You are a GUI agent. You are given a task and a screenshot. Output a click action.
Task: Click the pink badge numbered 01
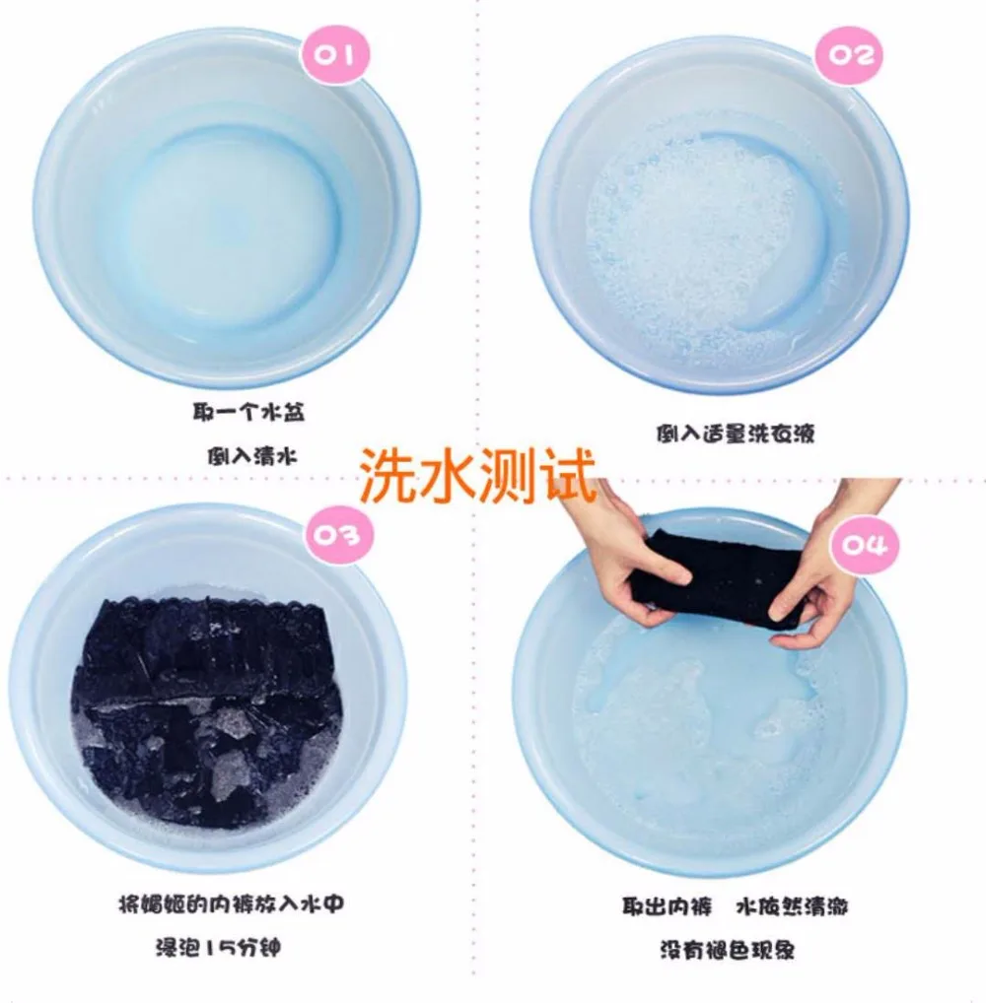[335, 56]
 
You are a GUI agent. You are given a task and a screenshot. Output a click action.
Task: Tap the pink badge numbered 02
[850, 55]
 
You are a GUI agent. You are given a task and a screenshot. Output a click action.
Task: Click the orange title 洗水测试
[477, 474]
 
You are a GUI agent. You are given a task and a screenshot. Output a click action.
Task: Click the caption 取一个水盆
[248, 412]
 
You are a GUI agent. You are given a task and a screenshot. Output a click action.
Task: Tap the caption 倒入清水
[251, 457]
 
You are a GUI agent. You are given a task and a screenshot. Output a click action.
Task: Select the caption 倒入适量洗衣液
[735, 434]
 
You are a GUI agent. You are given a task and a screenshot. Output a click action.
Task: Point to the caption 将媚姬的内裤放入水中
[231, 904]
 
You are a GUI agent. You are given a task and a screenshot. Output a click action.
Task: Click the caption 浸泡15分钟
[218, 948]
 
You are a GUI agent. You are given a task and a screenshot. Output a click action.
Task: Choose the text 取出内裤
[667, 906]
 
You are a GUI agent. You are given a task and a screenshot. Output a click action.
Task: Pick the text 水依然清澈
[792, 906]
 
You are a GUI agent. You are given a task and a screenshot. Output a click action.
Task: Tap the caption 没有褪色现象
[728, 950]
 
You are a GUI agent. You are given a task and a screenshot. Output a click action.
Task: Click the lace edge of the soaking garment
[211, 605]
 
